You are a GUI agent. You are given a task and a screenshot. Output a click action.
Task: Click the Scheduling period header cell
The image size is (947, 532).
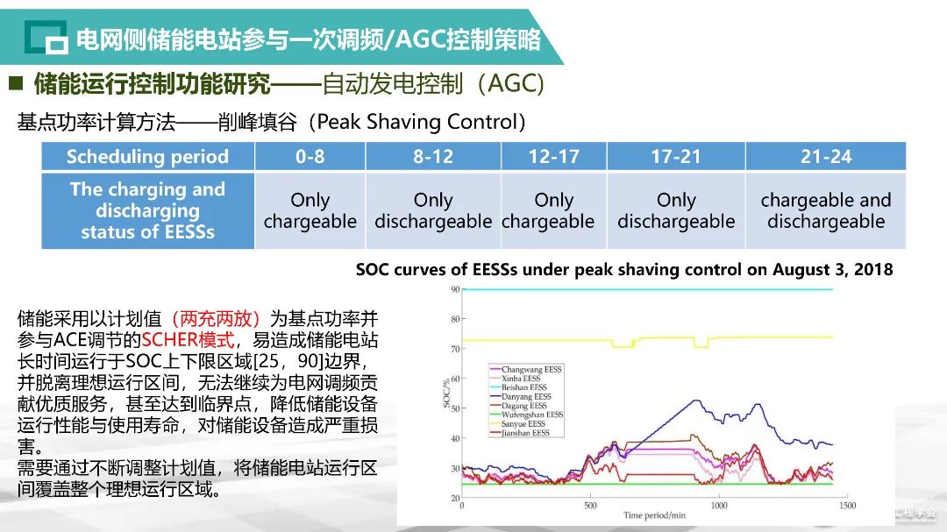(147, 157)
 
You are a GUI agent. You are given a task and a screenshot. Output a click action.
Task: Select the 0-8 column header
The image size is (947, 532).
(310, 157)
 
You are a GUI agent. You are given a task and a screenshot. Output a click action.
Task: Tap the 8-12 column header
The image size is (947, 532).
(433, 157)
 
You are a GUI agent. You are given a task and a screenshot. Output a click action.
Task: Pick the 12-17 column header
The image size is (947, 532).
(553, 157)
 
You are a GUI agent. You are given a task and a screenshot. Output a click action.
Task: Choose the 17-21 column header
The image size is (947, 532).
(675, 157)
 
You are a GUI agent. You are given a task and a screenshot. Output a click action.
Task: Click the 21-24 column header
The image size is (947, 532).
(825, 157)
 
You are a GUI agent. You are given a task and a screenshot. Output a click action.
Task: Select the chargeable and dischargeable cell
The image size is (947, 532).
(825, 211)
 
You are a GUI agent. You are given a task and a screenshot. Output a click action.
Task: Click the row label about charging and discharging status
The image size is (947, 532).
(147, 211)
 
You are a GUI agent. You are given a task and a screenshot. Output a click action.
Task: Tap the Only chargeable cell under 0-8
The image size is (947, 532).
(310, 211)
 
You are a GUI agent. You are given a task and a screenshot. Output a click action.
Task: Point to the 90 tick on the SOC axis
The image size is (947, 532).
(455, 289)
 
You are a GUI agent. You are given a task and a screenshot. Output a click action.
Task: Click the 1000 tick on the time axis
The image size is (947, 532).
(719, 506)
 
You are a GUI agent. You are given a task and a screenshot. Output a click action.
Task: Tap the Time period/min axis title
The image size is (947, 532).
(654, 515)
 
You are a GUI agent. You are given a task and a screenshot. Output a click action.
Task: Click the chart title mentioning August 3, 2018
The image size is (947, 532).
(624, 270)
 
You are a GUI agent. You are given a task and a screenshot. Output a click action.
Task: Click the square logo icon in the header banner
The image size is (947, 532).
(46, 38)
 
